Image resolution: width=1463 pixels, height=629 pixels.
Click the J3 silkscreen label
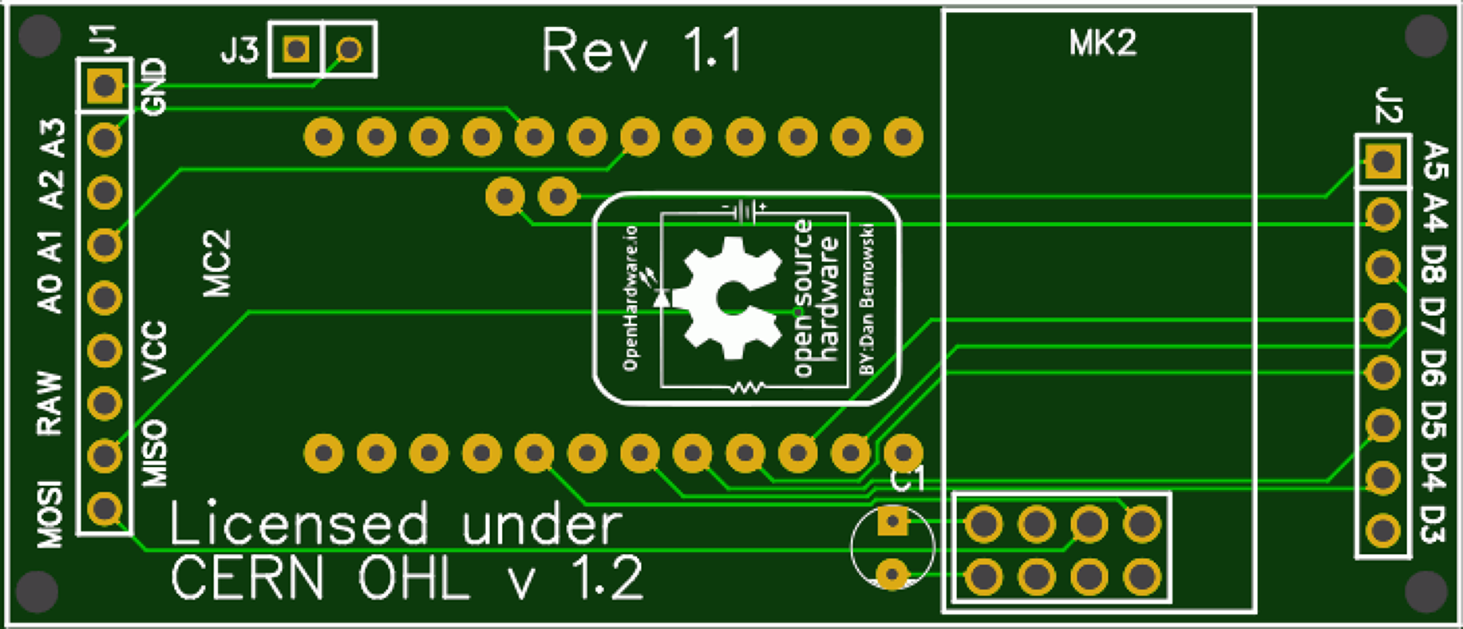[x=239, y=51]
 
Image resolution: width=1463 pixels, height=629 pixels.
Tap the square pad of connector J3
[x=296, y=49]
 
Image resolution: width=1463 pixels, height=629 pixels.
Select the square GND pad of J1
[x=104, y=85]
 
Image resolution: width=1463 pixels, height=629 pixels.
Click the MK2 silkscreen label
[x=1102, y=43]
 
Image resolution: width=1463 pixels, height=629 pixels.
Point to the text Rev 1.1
[x=642, y=51]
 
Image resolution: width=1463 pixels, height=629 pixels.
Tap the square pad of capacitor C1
[x=892, y=523]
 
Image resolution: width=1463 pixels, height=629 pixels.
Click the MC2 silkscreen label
[x=216, y=263]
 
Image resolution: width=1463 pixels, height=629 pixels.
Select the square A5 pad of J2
[x=1382, y=162]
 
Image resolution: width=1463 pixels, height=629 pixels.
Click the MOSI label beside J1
[x=50, y=514]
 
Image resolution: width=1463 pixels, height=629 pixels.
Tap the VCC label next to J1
[x=154, y=351]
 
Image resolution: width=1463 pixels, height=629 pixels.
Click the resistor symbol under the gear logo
[x=747, y=388]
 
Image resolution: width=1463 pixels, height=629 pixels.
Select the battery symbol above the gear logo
[x=745, y=210]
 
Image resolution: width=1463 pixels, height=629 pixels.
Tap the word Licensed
[x=299, y=524]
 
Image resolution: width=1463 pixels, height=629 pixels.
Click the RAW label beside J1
[x=49, y=403]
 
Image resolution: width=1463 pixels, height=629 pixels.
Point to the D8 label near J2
[x=1434, y=267]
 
